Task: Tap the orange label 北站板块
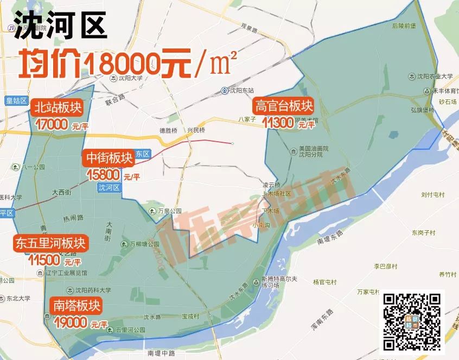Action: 57,108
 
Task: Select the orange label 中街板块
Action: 109,158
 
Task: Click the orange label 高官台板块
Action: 284,105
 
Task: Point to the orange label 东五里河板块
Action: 50,243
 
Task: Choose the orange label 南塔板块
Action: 76,305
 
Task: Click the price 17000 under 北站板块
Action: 52,124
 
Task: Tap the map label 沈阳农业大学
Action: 434,77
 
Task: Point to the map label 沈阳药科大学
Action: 92,290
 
